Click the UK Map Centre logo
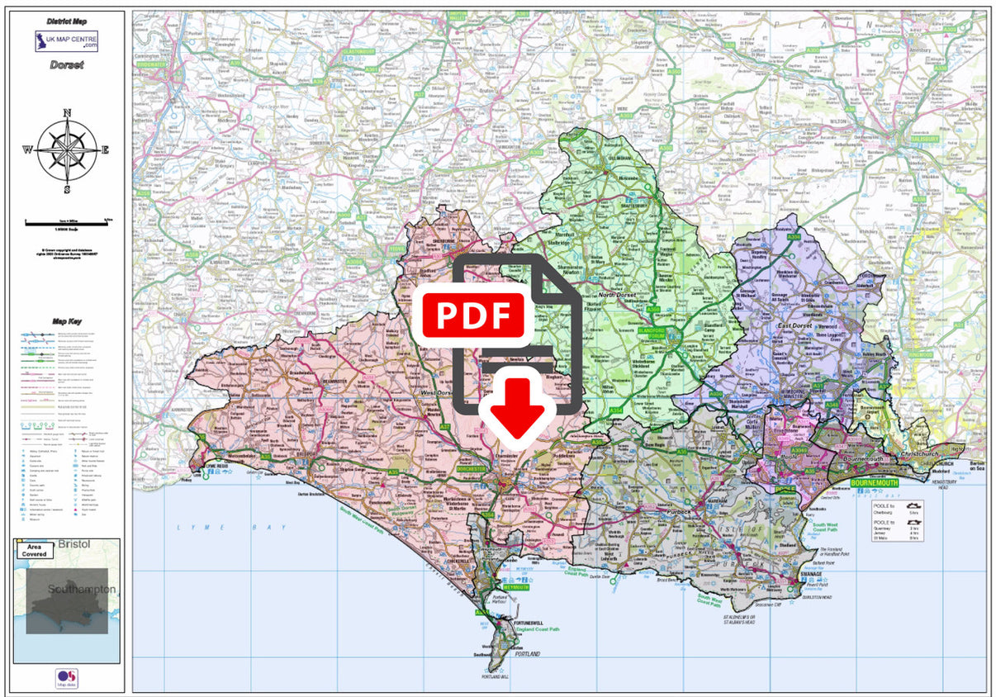point(66,40)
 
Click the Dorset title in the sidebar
point(66,64)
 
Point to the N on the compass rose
point(67,113)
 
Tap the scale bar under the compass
point(67,221)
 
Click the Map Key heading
point(66,322)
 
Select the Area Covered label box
point(35,551)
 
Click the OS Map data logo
point(66,678)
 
